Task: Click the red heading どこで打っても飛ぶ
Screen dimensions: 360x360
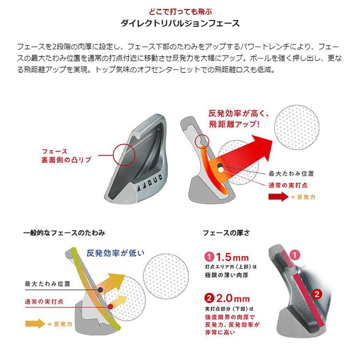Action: coord(180,11)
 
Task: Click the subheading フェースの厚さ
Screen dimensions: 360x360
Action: coord(225,233)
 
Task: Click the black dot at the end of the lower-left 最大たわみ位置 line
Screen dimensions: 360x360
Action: coord(99,290)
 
